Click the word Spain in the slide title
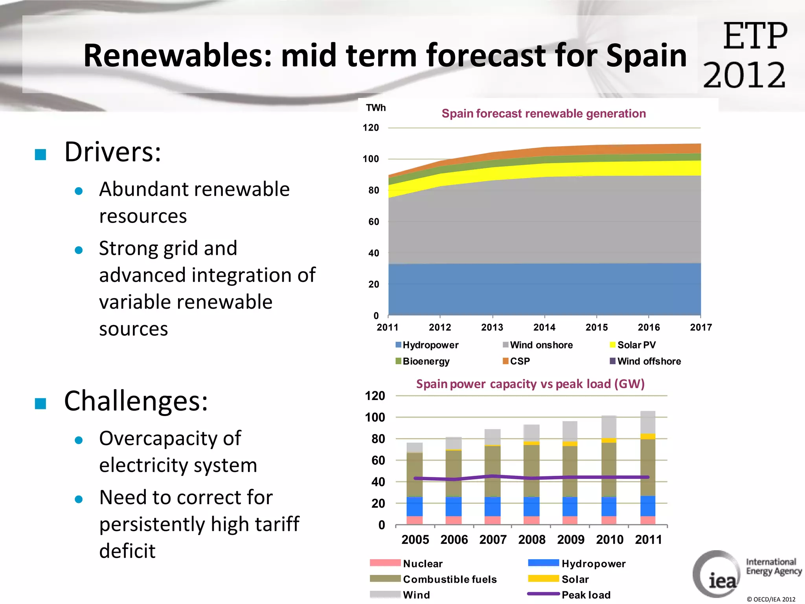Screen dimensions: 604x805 point(646,56)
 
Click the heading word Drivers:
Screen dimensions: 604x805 point(112,152)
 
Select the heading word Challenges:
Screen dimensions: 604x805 point(136,401)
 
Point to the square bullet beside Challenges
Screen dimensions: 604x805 point(40,403)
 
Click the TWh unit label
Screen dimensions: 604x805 point(375,108)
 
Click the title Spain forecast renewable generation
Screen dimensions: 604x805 point(543,114)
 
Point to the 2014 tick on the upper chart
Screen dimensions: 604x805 point(544,327)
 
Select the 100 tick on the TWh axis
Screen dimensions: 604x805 point(370,159)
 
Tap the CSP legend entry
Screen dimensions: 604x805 point(516,361)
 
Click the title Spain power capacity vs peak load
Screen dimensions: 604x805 point(530,384)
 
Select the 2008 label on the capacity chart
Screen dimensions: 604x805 point(531,540)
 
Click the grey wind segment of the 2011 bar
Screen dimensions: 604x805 point(648,422)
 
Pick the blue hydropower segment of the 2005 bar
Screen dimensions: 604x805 point(414,506)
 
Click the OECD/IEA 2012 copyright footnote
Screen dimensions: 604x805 point(771,599)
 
